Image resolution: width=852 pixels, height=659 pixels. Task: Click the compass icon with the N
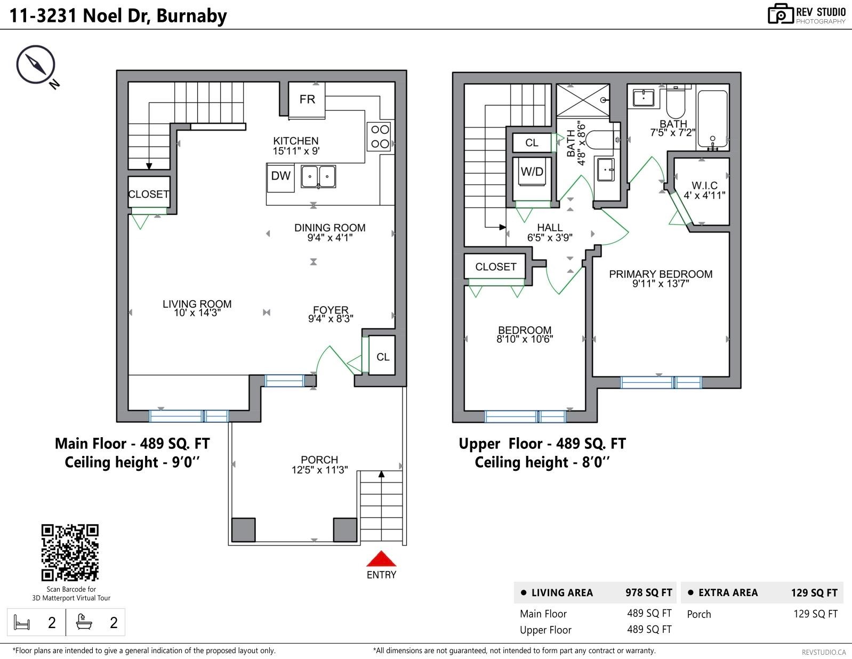click(x=36, y=65)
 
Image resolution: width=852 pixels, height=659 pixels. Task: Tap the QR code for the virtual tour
click(x=70, y=552)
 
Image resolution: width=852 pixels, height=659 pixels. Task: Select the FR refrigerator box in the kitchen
click(x=307, y=99)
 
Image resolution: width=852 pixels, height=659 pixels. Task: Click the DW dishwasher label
click(x=280, y=176)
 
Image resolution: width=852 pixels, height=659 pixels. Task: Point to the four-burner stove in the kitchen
click(x=380, y=136)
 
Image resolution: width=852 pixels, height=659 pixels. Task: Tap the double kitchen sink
click(x=318, y=176)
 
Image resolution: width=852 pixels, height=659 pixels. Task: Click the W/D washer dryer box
click(x=532, y=172)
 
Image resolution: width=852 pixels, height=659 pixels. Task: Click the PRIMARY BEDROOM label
click(x=661, y=274)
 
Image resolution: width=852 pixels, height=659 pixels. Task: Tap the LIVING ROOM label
click(x=197, y=304)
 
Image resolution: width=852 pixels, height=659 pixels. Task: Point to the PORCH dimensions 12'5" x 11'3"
click(x=319, y=470)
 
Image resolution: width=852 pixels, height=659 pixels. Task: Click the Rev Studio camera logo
click(x=781, y=14)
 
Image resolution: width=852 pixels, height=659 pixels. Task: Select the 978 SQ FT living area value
click(x=648, y=592)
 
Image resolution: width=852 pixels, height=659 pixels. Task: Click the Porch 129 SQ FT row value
click(x=815, y=614)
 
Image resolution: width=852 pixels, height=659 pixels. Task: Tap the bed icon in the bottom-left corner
click(x=22, y=622)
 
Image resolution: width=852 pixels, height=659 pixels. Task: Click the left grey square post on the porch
click(x=244, y=529)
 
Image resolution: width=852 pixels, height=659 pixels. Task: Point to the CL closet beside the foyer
click(x=383, y=357)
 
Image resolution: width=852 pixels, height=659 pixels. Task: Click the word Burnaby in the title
click(x=191, y=15)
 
